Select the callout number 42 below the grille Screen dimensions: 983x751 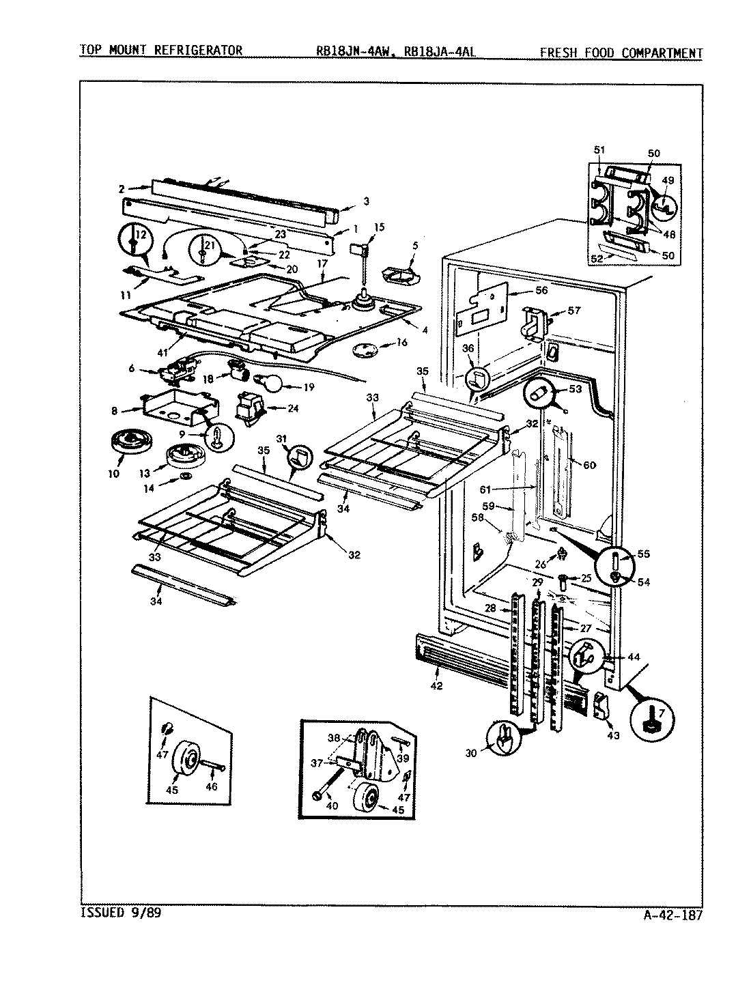point(436,685)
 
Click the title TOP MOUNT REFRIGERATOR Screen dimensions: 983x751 point(161,50)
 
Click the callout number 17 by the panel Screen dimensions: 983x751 point(323,263)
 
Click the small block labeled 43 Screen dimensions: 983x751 point(600,704)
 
